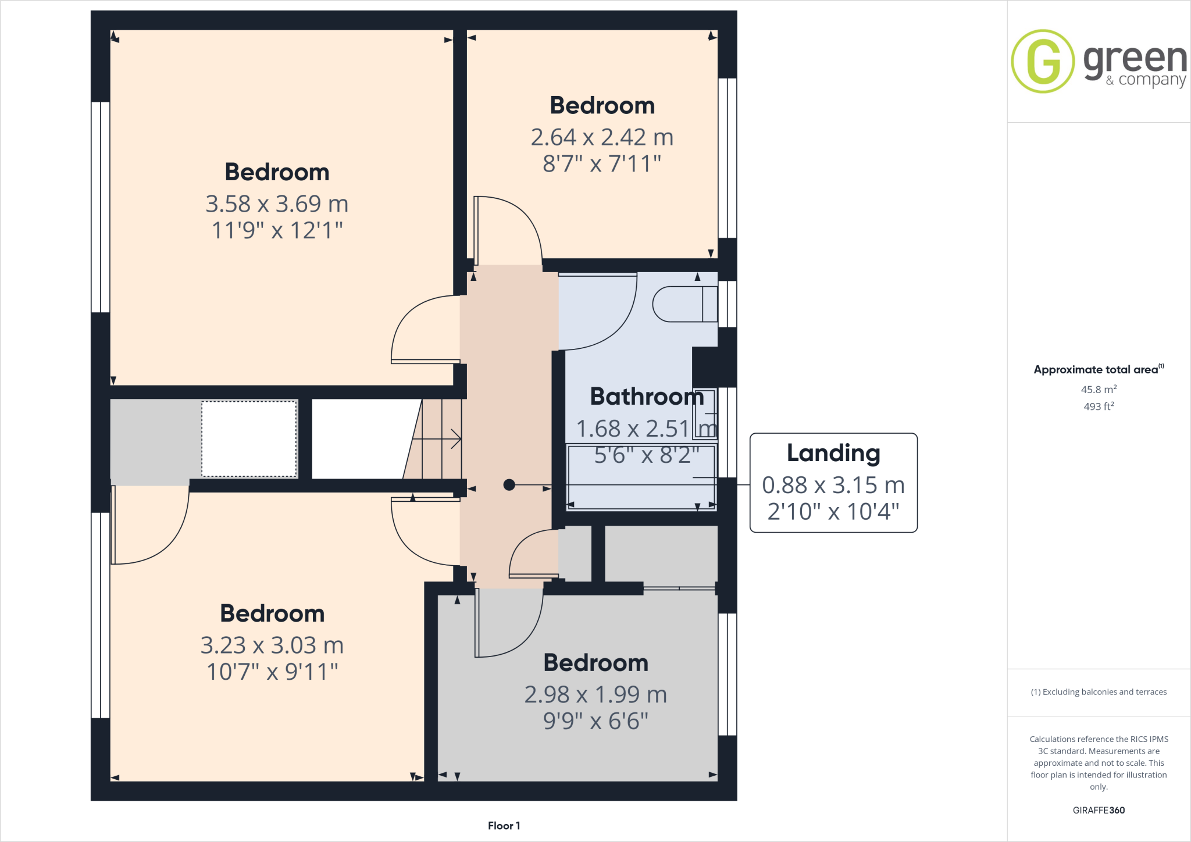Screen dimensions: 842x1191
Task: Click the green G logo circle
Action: [1043, 61]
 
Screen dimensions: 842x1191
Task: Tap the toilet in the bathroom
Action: [684, 304]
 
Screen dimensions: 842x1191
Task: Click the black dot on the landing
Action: [509, 484]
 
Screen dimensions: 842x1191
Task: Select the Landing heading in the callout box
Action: [833, 453]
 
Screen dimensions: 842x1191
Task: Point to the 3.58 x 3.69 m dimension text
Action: [277, 204]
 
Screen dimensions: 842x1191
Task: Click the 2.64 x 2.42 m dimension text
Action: [602, 138]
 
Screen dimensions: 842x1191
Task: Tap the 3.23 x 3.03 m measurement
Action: [272, 645]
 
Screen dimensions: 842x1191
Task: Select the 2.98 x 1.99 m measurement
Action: [595, 694]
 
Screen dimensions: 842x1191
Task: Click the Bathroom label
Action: [647, 397]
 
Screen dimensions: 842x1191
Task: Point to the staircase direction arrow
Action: [442, 439]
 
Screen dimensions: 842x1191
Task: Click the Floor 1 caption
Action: [504, 826]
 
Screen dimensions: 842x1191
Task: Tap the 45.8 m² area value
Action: [1099, 390]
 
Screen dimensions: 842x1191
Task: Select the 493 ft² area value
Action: [1099, 406]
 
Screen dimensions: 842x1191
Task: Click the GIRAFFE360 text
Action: [1099, 810]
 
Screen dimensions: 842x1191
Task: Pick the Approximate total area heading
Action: [1096, 370]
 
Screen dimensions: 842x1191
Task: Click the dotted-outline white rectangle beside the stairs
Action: [249, 439]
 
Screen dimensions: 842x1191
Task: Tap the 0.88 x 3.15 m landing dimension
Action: [833, 485]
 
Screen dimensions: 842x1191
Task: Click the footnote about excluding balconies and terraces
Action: [1099, 692]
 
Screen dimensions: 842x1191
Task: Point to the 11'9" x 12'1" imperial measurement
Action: [277, 231]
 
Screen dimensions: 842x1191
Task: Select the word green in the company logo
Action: [1135, 60]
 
